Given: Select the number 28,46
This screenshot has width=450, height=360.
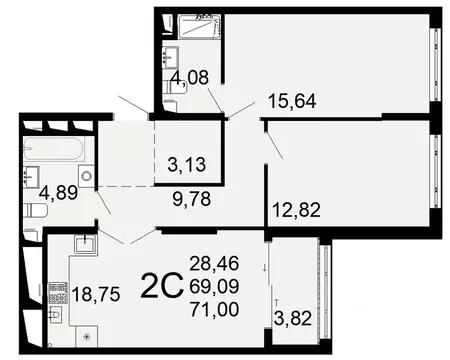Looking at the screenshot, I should [x=213, y=265].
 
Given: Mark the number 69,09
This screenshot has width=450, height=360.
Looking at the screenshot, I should [x=213, y=287].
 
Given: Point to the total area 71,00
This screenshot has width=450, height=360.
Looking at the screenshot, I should [x=213, y=310].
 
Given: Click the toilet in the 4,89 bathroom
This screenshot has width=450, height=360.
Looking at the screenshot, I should [x=35, y=212].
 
